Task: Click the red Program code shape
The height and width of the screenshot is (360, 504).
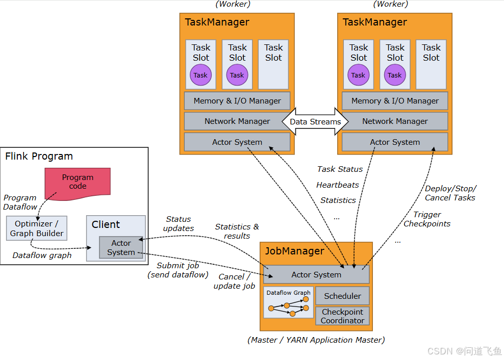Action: pyautogui.click(x=78, y=182)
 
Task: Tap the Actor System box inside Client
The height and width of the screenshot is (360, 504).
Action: pyautogui.click(x=121, y=248)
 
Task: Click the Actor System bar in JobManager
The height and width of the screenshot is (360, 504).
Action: pyautogui.click(x=316, y=274)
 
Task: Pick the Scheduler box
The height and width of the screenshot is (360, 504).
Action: pyautogui.click(x=342, y=296)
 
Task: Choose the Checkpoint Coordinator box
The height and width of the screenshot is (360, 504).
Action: pyautogui.click(x=342, y=316)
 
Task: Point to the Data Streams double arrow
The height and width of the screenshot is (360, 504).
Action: pyautogui.click(x=315, y=121)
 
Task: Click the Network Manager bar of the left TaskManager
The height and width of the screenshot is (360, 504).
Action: pyautogui.click(x=237, y=121)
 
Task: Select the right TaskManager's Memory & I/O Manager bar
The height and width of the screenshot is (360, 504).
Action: pyautogui.click(x=395, y=101)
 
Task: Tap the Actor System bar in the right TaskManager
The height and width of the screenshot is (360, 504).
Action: pyautogui.click(x=395, y=142)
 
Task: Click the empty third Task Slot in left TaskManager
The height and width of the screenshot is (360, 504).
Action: pyautogui.click(x=273, y=64)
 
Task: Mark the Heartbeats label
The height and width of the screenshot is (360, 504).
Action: pyautogui.click(x=337, y=185)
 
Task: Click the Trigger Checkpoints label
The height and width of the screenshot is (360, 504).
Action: pyautogui.click(x=427, y=219)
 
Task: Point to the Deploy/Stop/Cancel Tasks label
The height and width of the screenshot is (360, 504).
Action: pyautogui.click(x=450, y=193)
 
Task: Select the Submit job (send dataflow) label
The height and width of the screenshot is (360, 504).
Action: pyautogui.click(x=178, y=270)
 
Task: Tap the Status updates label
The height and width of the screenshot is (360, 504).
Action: pyautogui.click(x=178, y=224)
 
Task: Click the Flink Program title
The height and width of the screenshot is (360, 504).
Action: pyautogui.click(x=39, y=157)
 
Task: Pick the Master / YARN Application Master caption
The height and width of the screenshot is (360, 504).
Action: pyautogui.click(x=316, y=340)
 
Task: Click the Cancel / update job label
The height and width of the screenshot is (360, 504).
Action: pyautogui.click(x=234, y=281)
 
